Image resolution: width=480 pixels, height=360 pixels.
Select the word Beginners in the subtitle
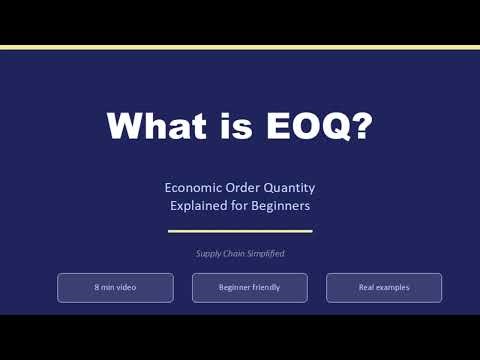pos(280,206)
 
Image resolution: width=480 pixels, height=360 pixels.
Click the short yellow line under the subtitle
pos(240,231)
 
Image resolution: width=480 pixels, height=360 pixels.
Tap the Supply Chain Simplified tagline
pos(240,254)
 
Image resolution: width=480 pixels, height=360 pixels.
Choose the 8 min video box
pos(115,288)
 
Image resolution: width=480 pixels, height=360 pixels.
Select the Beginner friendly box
pos(249,288)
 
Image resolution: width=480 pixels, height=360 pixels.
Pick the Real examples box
pos(384,288)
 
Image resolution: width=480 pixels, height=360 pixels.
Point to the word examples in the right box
pos(394,288)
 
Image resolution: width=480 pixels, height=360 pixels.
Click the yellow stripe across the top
pos(240,47)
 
